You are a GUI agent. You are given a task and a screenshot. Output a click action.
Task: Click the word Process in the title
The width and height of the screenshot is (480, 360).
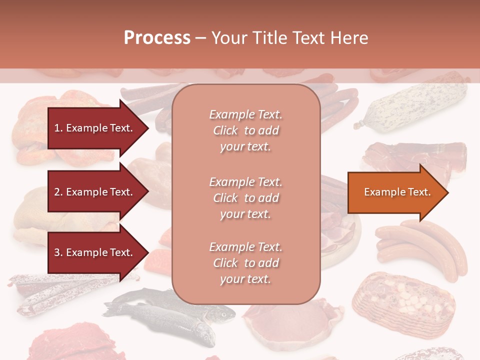(157, 38)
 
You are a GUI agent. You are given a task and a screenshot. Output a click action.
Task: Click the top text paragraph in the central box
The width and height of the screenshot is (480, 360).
(245, 130)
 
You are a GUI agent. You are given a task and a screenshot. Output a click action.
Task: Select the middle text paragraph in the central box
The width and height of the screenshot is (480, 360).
(245, 197)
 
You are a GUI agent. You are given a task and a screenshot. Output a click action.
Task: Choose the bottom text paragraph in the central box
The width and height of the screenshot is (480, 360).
(245, 263)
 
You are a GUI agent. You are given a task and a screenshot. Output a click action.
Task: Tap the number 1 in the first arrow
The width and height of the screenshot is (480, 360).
(56, 128)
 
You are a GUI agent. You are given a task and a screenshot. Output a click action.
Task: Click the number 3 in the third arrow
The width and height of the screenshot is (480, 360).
(57, 252)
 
